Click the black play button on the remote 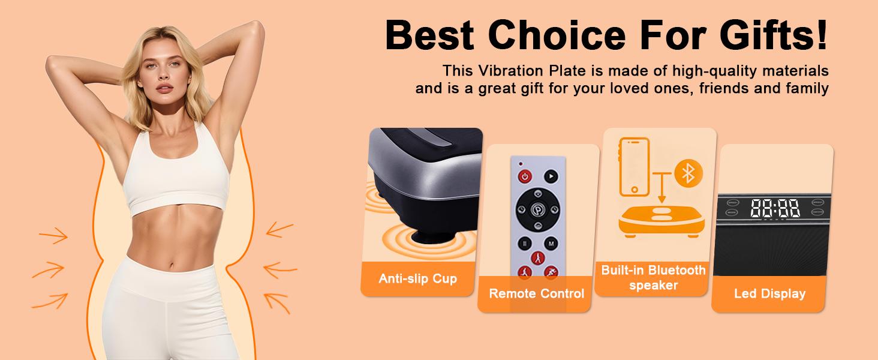pos(551,176)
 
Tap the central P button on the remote pos(538,210)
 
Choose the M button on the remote pos(551,244)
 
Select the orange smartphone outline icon pos(635,166)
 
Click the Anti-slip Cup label pos(417,278)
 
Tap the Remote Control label pos(536,293)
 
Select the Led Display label pos(769,294)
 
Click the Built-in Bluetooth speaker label pos(653,278)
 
